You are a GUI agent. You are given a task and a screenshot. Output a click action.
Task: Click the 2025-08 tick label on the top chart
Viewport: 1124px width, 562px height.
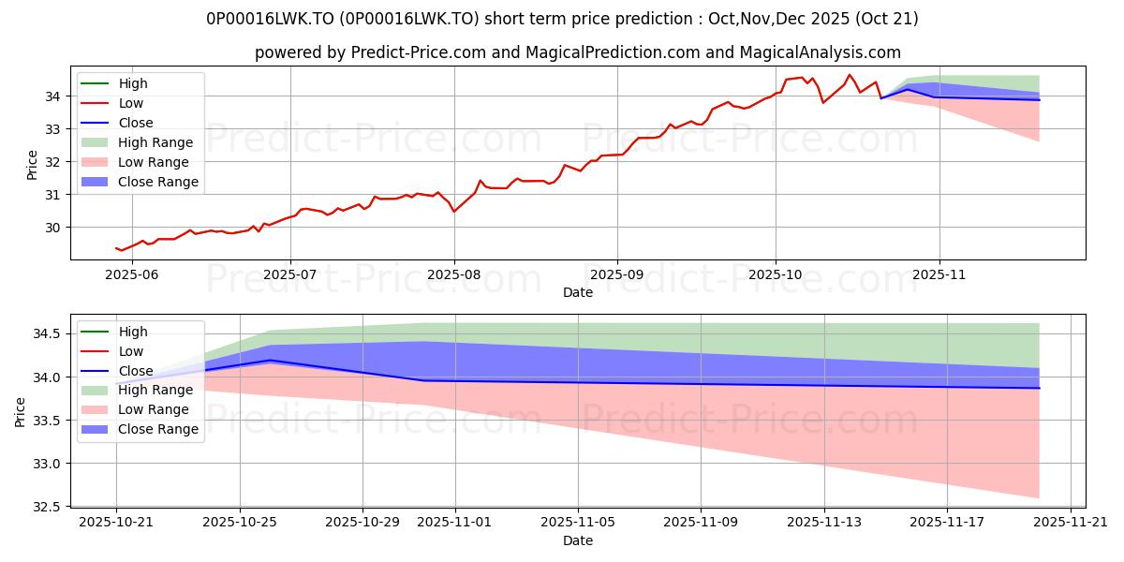(454, 274)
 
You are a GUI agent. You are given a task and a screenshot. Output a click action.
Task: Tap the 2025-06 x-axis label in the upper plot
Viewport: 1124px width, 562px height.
(126, 274)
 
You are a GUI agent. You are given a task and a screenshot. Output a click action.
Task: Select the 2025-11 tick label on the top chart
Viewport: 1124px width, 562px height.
(939, 274)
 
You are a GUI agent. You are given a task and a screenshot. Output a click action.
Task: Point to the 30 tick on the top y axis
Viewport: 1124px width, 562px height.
(53, 228)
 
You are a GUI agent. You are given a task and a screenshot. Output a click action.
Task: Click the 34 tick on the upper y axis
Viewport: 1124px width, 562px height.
(53, 96)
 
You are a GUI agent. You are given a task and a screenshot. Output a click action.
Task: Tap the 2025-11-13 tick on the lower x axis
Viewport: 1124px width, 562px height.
(824, 523)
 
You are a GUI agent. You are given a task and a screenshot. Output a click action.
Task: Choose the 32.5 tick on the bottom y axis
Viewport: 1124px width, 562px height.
(46, 507)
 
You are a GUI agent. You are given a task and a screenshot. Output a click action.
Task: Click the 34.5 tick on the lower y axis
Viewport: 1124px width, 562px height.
(46, 334)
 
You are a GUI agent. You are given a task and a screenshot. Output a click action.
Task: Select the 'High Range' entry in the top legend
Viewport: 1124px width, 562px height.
(155, 142)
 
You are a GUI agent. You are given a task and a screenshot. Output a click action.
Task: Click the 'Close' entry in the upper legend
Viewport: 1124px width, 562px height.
(136, 123)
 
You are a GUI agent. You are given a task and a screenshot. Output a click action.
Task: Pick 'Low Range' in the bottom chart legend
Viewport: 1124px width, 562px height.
(154, 409)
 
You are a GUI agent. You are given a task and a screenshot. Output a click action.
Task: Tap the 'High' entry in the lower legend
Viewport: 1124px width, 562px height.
(133, 332)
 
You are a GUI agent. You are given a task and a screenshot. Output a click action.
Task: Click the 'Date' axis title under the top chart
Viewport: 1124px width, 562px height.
(578, 292)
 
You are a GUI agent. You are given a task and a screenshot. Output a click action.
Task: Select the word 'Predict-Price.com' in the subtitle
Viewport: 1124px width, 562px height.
(411, 53)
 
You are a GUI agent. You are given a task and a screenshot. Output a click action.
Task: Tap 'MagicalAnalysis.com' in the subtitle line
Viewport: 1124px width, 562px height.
(823, 53)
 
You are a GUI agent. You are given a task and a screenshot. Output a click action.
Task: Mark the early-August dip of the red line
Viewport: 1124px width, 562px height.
(454, 212)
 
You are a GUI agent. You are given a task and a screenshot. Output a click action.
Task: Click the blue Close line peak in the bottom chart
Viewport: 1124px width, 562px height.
(270, 360)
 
